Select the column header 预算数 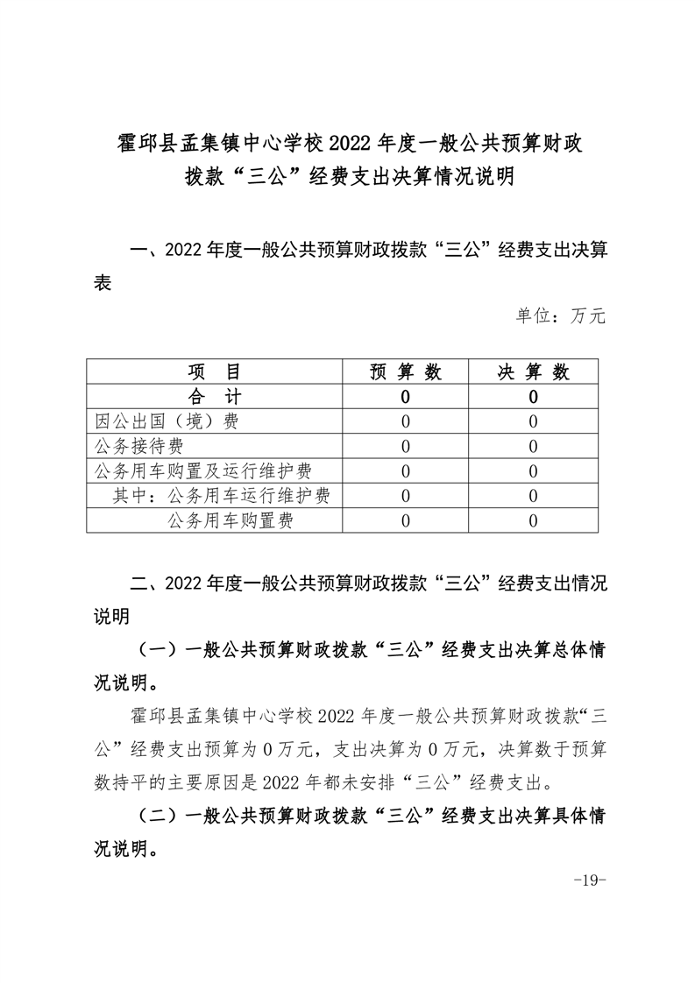pos(405,371)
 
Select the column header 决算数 pos(534,371)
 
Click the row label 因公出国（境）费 pos(167,421)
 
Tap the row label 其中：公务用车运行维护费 pos(221,496)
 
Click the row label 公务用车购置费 pos(229,521)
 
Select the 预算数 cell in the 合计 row pos(405,397)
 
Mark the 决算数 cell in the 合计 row pos(534,397)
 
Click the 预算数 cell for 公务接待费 pos(405,446)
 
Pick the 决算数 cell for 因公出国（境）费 pos(534,421)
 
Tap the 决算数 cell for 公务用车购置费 pos(534,521)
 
